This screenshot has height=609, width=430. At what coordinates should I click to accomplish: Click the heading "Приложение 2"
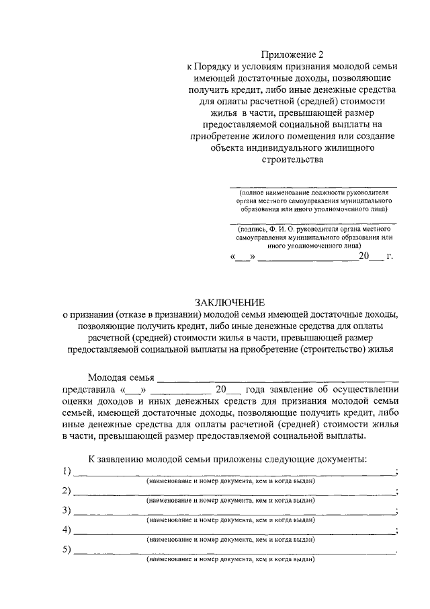pos(292,55)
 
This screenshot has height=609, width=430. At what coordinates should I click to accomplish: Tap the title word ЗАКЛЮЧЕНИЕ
pos(230,303)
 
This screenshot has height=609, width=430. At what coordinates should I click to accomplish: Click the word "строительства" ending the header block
pos(292,160)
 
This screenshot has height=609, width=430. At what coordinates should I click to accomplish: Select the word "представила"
pos(89,390)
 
